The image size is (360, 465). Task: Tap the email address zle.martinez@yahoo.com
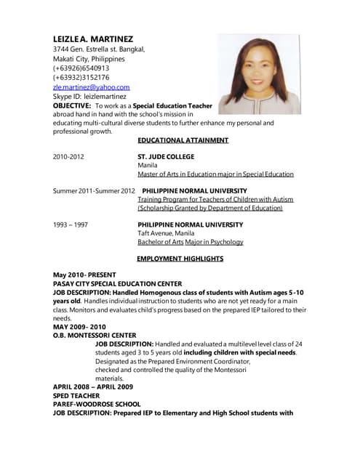[91, 86]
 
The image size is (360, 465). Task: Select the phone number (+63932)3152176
[81, 77]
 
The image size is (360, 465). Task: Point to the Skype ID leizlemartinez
[89, 96]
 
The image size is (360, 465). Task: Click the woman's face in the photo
[257, 66]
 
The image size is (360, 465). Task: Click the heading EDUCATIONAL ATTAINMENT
[183, 140]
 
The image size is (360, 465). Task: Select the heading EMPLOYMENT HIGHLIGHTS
[180, 259]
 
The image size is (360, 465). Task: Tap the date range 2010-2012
[68, 156]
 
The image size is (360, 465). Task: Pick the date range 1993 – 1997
[71, 225]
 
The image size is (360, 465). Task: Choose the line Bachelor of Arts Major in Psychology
[191, 242]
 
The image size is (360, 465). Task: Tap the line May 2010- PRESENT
[84, 275]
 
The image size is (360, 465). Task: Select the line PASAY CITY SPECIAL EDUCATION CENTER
[117, 283]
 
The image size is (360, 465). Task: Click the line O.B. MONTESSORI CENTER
[95, 335]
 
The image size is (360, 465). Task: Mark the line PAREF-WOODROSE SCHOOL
[97, 404]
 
